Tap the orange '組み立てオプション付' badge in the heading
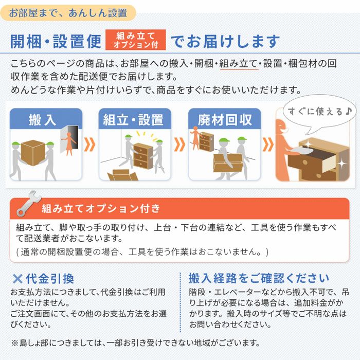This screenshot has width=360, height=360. click(x=136, y=40)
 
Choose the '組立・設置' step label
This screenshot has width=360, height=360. click(x=133, y=120)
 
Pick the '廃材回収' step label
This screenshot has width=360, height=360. click(x=225, y=120)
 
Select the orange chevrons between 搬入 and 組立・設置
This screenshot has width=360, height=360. click(x=89, y=145)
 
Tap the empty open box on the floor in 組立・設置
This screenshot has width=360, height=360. click(x=123, y=175)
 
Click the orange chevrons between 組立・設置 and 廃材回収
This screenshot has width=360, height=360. click(x=179, y=145)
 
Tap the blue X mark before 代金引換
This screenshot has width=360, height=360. click(x=17, y=279)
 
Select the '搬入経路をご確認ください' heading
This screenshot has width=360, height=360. click(x=259, y=279)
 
